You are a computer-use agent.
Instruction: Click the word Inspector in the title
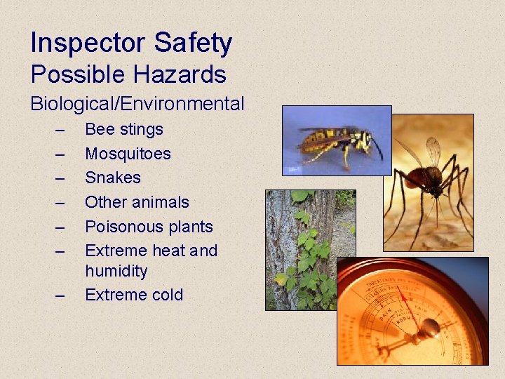pos(88,44)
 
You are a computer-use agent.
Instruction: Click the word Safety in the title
pos(193,44)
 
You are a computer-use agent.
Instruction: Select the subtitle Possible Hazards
pos(128,74)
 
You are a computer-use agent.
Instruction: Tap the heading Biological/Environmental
pos(137,105)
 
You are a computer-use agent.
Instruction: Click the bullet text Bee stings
pos(123,129)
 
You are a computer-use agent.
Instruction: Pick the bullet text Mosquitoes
pos(128,154)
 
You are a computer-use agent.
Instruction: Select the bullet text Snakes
pos(112,178)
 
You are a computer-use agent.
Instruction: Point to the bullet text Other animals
pos(137,202)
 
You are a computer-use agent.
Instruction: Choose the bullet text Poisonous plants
pos(149,227)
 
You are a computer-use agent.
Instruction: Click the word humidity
pos(116,271)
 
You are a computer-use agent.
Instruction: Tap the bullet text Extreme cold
pos(133,295)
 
